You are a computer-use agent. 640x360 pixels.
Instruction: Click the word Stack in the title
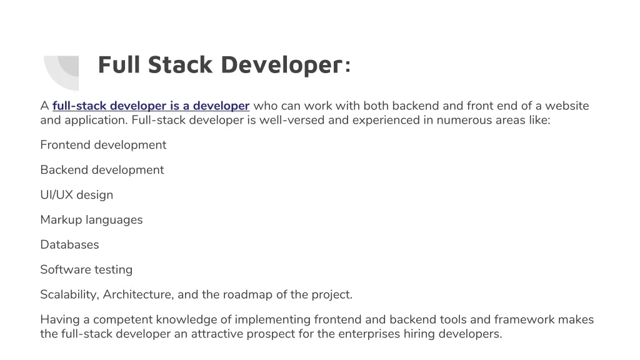180,64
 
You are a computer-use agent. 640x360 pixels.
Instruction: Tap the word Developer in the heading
282,65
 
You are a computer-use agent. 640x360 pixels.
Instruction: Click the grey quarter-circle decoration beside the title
61,73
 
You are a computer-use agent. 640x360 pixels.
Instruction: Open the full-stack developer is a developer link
151,106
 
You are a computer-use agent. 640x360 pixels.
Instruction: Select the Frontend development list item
103,145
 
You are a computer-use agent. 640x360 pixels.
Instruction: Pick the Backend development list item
102,170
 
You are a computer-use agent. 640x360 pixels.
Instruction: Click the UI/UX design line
77,195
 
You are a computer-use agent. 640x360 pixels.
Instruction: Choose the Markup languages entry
91,219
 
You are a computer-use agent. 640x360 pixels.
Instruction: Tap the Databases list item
70,244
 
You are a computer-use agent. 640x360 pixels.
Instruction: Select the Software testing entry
86,269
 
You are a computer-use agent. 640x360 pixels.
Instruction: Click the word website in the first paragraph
567,106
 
